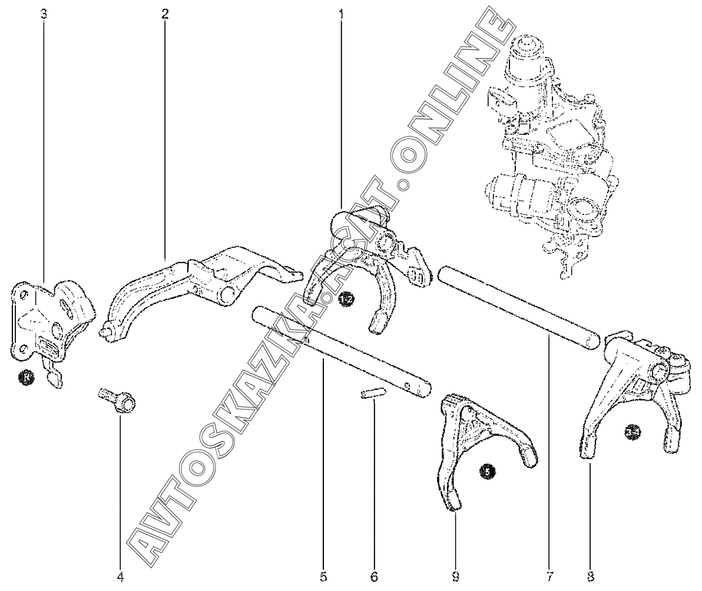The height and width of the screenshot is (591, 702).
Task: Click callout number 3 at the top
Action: coord(44,13)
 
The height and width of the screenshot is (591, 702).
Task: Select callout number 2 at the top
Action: coord(165,13)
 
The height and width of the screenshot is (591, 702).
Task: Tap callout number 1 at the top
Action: coord(340,13)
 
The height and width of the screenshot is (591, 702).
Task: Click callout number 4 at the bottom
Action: coord(120,576)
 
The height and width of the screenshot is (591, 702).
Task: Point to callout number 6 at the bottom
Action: coord(375,576)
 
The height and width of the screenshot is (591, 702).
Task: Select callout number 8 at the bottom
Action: coord(590,576)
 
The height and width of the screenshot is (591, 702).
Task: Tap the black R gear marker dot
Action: coord(25,377)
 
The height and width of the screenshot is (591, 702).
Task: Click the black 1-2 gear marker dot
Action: coord(347,301)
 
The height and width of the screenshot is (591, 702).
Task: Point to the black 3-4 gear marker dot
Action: coord(633,433)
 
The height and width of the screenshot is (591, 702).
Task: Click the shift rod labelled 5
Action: coord(336,347)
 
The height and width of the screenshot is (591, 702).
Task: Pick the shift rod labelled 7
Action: coord(518,306)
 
